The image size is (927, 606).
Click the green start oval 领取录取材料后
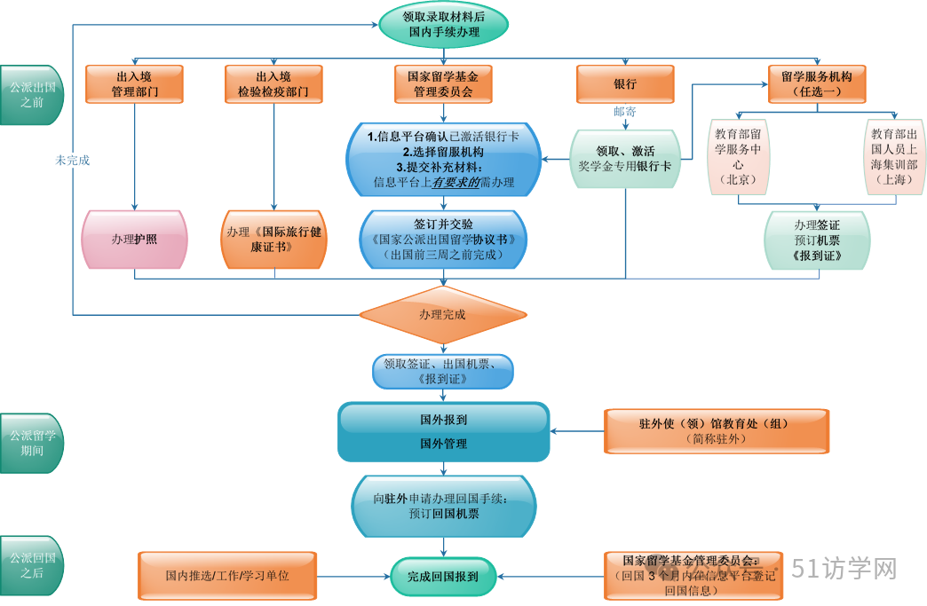443,24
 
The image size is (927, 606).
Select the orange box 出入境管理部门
134,84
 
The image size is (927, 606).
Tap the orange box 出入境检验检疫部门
273,84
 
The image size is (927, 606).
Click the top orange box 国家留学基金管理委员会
443,84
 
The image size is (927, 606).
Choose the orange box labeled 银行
625,84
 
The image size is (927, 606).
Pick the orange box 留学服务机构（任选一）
816,84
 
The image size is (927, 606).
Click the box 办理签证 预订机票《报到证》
817,240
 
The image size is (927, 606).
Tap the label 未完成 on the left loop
73,161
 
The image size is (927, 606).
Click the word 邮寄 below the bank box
625,112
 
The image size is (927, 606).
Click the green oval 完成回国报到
443,576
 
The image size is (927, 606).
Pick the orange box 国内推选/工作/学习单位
227,576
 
